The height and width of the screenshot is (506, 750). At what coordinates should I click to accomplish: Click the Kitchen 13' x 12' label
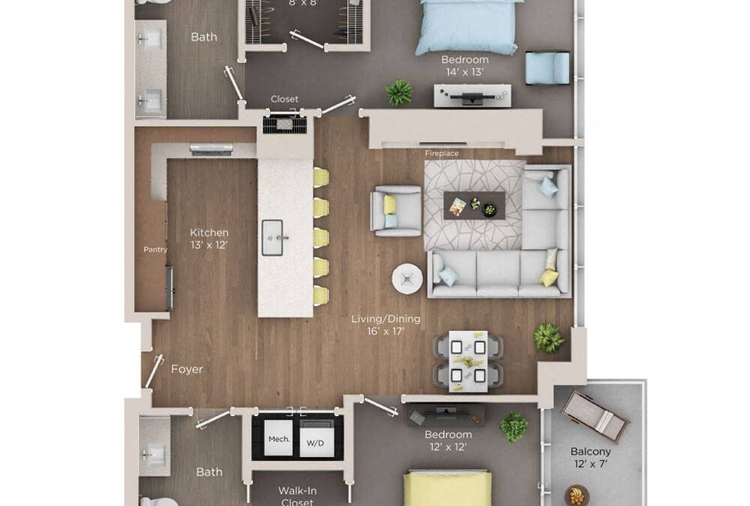pos(208,238)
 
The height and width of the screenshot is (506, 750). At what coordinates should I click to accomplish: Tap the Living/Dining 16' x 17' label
pos(385,325)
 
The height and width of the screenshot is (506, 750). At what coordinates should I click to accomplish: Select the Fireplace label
pos(442,154)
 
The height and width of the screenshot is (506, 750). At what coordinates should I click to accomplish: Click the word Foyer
pos(187,369)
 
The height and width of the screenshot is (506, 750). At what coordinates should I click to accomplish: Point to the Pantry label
pos(155,250)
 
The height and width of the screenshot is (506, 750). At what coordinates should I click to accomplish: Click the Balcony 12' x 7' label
pos(590,458)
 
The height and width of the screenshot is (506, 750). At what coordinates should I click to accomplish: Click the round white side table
pos(407,279)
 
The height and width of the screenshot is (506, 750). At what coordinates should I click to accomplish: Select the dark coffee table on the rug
pos(474,205)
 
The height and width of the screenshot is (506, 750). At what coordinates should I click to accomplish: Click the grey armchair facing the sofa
pos(396,211)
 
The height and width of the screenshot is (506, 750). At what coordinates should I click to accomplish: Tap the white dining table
pos(468,361)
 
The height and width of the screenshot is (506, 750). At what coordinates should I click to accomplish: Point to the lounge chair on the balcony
pos(594,415)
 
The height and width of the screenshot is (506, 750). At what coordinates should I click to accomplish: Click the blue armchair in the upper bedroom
pos(547,67)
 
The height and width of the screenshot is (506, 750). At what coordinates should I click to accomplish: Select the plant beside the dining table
pos(548,338)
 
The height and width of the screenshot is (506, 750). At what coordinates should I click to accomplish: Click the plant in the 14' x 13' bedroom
pos(399,93)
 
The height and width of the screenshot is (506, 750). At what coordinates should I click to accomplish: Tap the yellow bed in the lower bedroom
pos(448,488)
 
